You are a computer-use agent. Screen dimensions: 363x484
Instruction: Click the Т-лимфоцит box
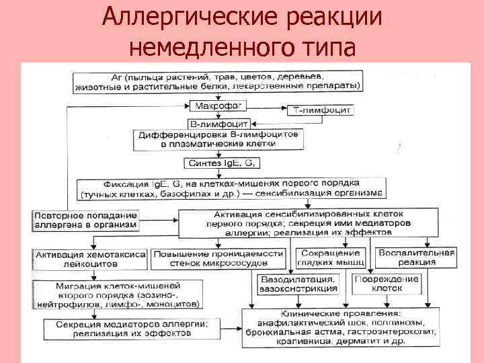[x=323, y=110]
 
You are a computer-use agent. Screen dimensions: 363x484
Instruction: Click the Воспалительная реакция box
[x=416, y=257]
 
